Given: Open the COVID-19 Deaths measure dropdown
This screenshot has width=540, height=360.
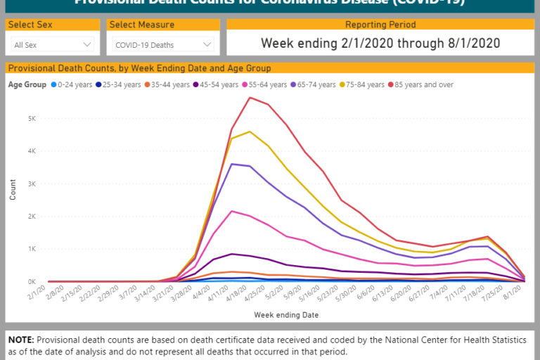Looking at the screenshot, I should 162,45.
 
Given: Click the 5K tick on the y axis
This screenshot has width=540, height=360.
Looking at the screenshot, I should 32,118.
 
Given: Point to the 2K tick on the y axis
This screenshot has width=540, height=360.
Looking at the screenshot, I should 32,217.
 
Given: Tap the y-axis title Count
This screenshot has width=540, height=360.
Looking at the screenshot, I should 13,189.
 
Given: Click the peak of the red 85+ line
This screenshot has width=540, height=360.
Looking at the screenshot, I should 250,98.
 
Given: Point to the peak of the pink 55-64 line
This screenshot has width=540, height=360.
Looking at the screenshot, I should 231,211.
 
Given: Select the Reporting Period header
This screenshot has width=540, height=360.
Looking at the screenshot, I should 380,25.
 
